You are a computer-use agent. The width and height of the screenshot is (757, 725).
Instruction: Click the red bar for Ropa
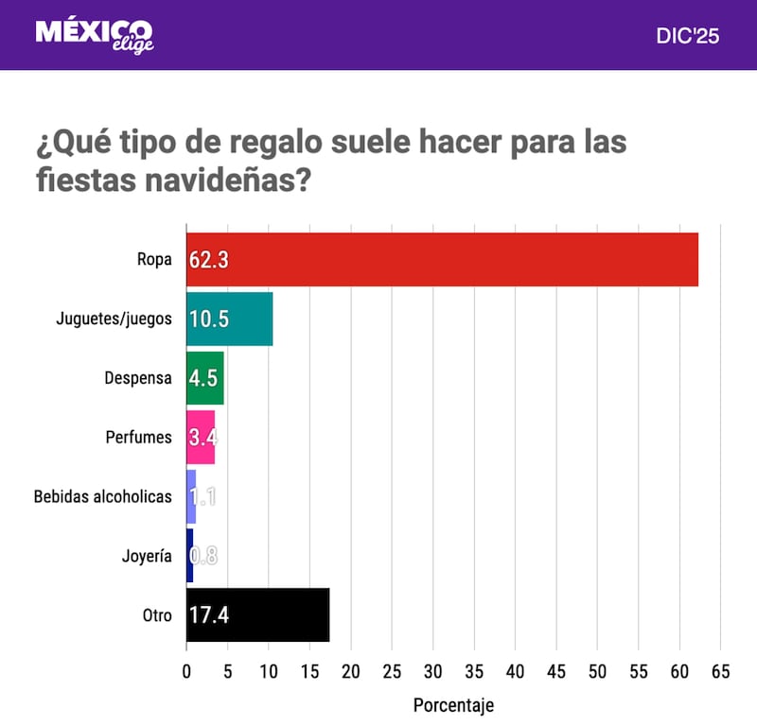point(442,259)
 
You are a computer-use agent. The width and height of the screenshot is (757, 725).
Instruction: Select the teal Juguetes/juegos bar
point(229,319)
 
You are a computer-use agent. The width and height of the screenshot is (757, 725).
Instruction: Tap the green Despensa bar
point(204,378)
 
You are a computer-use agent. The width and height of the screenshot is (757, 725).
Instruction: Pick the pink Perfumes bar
point(201,437)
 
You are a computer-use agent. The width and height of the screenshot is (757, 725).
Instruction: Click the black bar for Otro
point(257,614)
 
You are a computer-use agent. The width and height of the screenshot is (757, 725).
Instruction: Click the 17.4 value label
point(209,615)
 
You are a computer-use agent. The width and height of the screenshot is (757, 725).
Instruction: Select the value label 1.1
point(202,496)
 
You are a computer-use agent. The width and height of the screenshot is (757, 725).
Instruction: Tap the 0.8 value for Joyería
point(203,556)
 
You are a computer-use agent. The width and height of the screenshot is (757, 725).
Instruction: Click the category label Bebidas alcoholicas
point(102,496)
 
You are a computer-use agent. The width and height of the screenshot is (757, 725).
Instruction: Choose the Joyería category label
point(147,556)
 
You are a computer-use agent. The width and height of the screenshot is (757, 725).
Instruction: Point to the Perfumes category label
point(139,438)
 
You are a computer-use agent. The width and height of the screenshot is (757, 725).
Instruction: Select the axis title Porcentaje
point(453,705)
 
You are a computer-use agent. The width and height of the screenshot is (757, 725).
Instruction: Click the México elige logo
point(94,34)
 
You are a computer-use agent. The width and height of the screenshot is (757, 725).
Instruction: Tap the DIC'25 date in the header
point(688,36)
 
